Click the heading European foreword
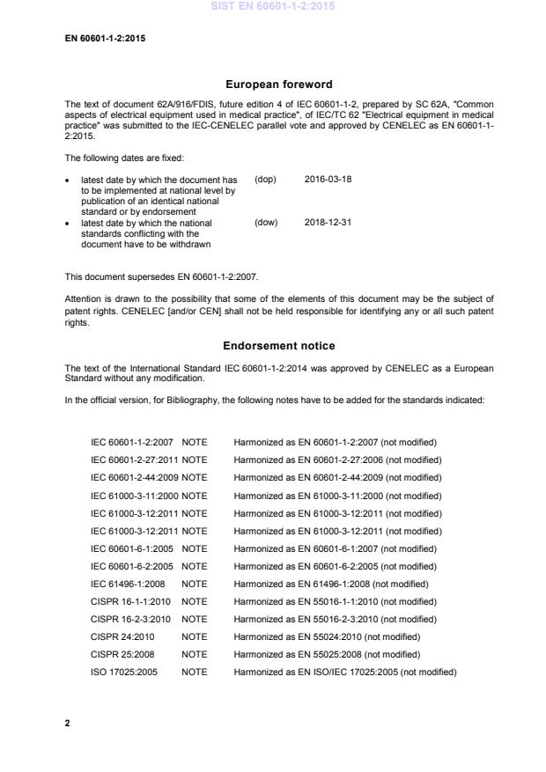pos(279,85)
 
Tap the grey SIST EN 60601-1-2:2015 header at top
pos(272,7)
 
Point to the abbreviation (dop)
pos(266,179)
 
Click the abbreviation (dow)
pos(266,223)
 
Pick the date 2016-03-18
pos(328,179)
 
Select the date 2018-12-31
pos(328,223)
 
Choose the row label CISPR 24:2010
pos(122,636)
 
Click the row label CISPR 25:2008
pos(122,653)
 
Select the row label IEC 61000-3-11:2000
pos(134,495)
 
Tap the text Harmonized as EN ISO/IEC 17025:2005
pos(344,671)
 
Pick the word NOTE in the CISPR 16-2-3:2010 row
pos(194,618)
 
